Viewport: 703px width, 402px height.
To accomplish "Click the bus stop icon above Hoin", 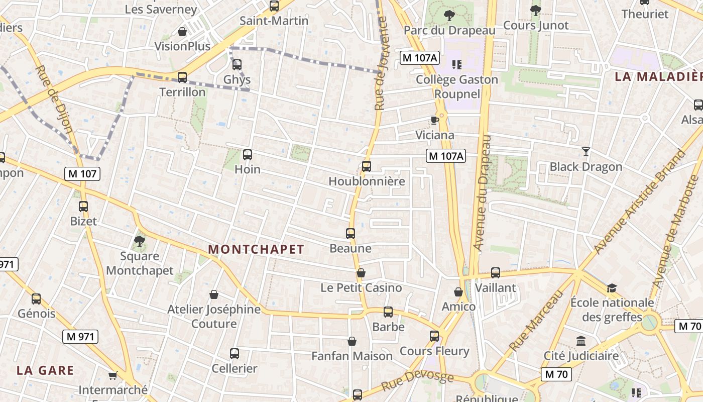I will tap(247, 155).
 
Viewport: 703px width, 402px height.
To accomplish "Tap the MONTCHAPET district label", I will tap(256, 249).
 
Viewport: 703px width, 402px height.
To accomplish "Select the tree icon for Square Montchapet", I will tap(140, 242).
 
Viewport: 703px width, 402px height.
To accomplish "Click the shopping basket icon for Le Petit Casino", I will tap(361, 273).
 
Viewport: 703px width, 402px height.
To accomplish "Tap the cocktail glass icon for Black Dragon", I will tap(585, 152).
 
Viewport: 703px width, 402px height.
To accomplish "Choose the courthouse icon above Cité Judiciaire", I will tap(581, 341).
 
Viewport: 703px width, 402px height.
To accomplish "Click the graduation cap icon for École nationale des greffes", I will tap(612, 288).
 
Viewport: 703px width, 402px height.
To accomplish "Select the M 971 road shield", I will tap(80, 337).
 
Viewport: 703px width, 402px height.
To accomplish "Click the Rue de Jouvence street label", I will tap(381, 63).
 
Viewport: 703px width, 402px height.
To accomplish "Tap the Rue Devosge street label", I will tap(417, 381).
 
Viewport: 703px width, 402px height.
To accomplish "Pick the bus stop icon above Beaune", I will tap(350, 234).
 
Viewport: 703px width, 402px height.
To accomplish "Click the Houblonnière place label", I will tap(367, 181).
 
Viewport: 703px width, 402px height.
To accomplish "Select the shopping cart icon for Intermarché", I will tap(113, 376).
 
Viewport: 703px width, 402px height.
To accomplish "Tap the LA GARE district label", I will tap(45, 371).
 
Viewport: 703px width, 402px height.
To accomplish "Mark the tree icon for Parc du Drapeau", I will tap(449, 16).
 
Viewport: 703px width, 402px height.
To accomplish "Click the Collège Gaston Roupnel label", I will tap(457, 87).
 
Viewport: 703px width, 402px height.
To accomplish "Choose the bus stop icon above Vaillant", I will tap(496, 273).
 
